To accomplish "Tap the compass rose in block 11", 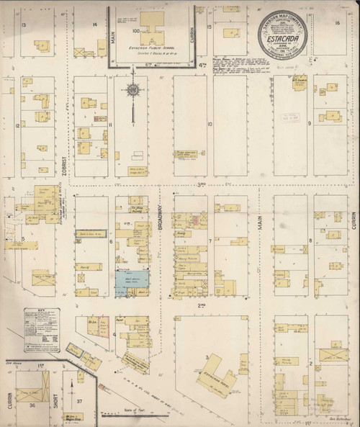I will point(132,90).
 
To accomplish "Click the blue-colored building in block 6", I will point(131,281).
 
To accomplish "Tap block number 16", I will point(336,23).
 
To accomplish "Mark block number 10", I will point(210,124).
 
